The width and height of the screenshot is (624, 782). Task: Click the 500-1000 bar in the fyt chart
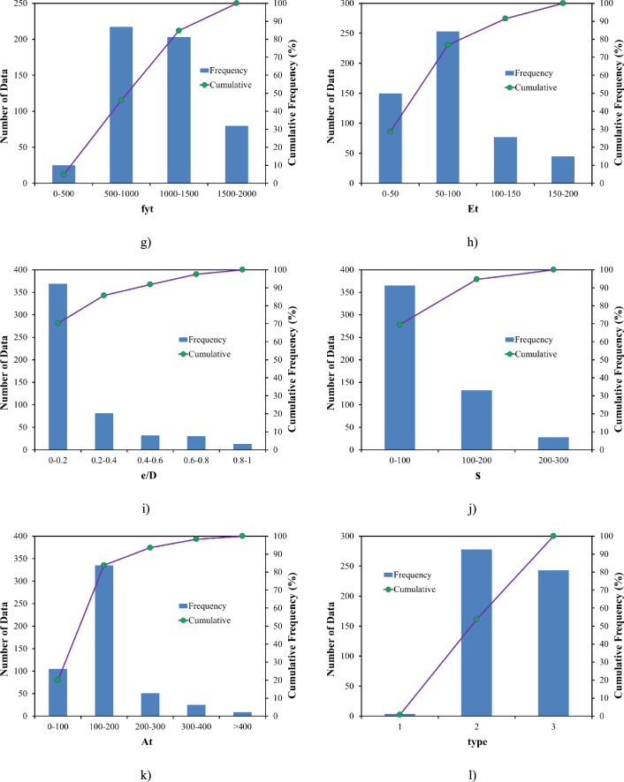pos(121,105)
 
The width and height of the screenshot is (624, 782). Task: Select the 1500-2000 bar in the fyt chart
pos(236,154)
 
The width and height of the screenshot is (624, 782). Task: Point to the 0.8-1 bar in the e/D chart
pos(242,447)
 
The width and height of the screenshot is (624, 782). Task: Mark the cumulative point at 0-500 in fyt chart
pos(64,174)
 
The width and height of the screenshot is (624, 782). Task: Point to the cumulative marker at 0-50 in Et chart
pos(390,132)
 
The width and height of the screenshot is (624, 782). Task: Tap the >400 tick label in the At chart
pos(242,727)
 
